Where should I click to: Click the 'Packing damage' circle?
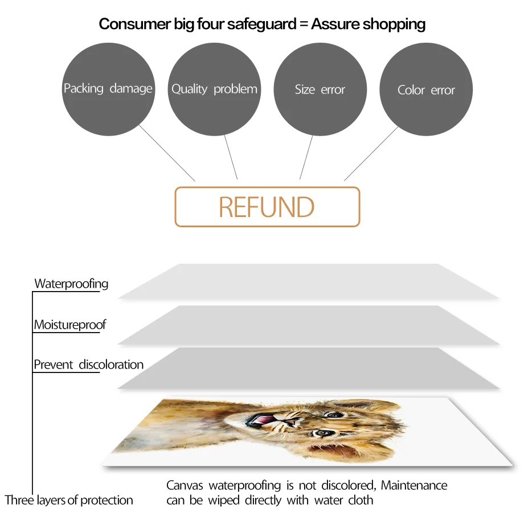click(108, 89)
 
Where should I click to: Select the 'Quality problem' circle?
click(214, 89)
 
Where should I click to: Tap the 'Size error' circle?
click(320, 89)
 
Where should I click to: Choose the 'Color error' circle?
click(426, 89)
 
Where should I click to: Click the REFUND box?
click(267, 207)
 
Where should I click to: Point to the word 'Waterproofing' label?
click(71, 284)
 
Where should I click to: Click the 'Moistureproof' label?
click(70, 325)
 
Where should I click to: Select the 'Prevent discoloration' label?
click(88, 365)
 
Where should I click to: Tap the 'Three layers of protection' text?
click(69, 501)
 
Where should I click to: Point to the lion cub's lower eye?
click(323, 433)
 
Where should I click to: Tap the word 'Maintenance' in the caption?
click(414, 486)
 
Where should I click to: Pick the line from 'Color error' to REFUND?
click(371, 154)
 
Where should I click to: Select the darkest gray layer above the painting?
click(308, 369)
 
